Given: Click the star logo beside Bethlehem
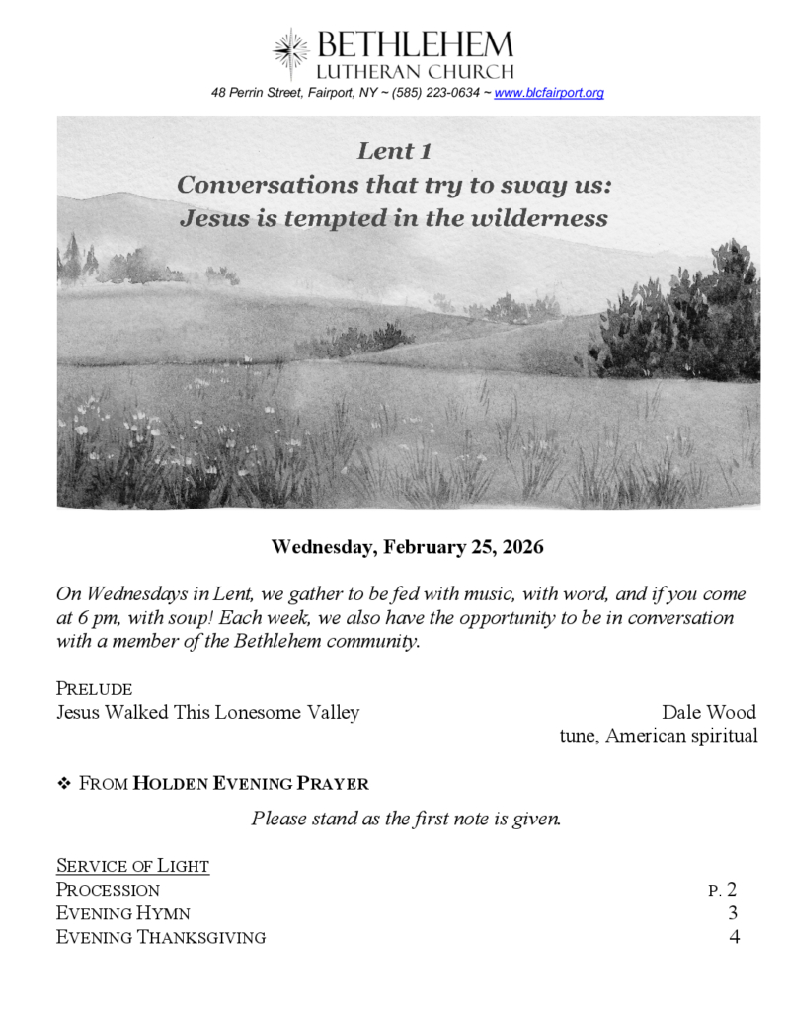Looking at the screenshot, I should (x=291, y=53).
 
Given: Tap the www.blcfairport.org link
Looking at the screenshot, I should (x=548, y=93).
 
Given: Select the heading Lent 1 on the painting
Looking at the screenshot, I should (x=394, y=151).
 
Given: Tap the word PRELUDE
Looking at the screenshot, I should (x=95, y=688).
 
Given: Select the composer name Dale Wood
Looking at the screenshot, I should (x=709, y=712).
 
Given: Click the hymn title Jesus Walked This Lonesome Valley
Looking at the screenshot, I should (x=207, y=712).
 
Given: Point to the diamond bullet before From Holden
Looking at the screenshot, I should (x=65, y=784).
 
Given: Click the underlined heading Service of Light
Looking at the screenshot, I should (x=132, y=866).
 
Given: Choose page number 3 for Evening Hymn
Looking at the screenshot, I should (x=733, y=913).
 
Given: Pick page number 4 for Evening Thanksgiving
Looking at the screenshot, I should (x=734, y=937).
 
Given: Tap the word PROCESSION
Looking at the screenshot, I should (x=108, y=890).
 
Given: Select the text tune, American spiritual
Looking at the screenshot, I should (x=659, y=736).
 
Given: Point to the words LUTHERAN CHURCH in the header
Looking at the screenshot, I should (x=415, y=71).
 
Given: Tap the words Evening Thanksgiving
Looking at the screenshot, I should (x=160, y=937).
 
